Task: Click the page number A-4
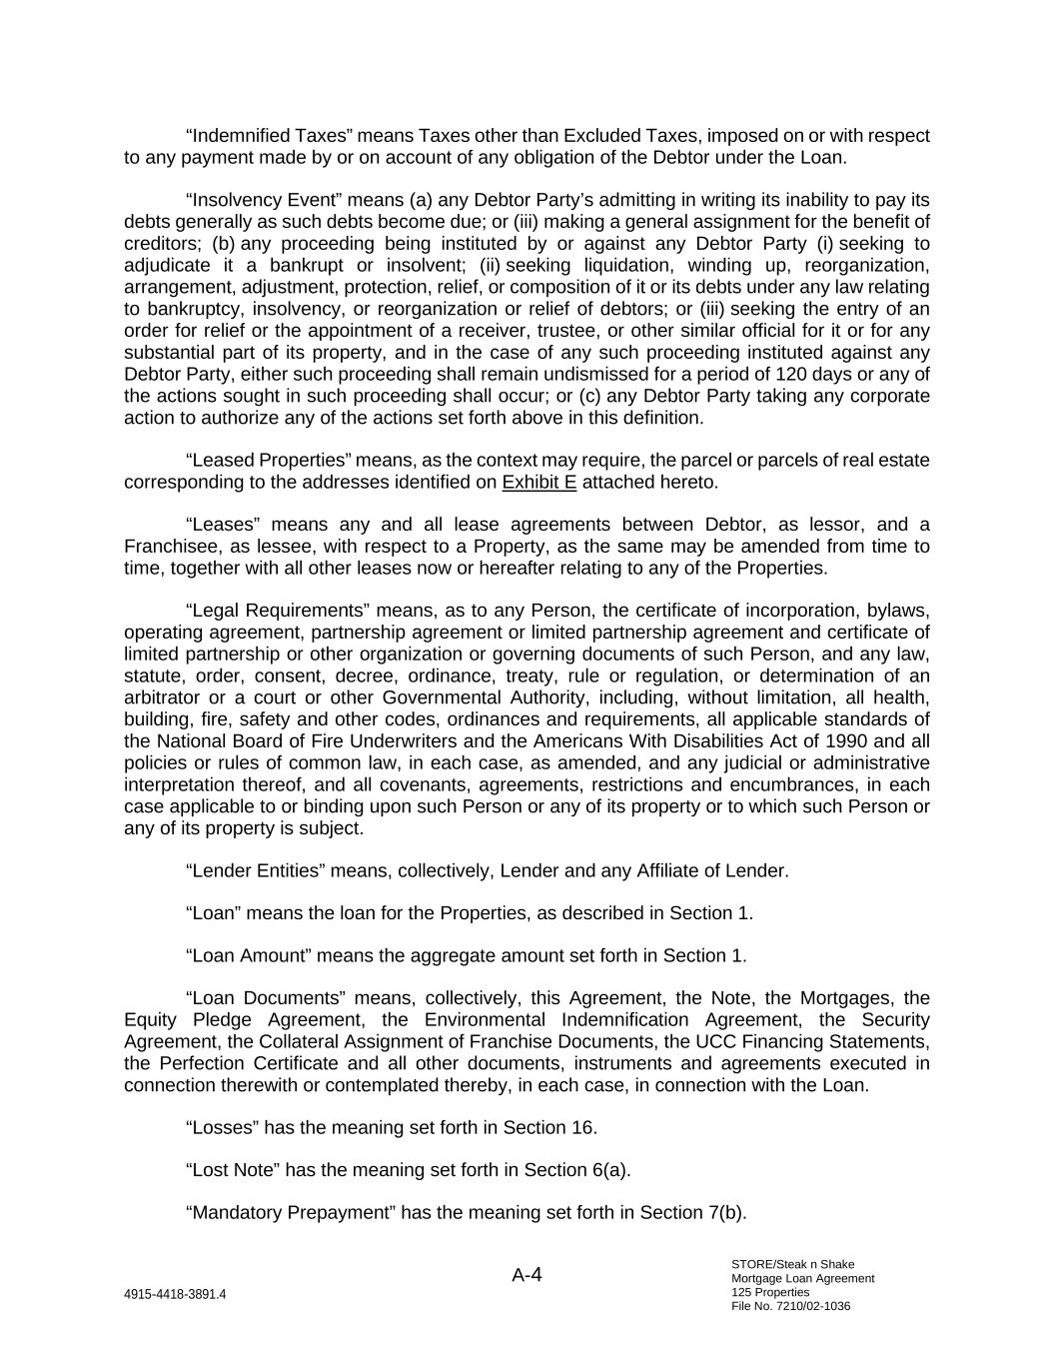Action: pos(527,1275)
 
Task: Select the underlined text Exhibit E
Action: pos(539,483)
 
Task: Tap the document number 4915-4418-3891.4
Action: pos(175,1294)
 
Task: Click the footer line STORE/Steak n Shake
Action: pos(792,1264)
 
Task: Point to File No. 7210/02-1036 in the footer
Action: pos(790,1306)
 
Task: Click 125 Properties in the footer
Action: pos(770,1292)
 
